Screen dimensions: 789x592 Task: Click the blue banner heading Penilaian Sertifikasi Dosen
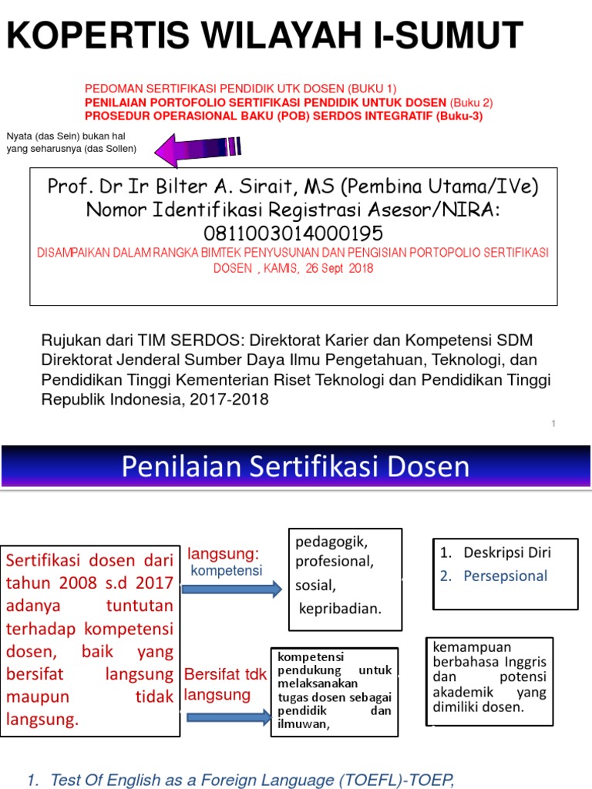click(295, 466)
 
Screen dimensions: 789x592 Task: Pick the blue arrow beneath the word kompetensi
click(232, 590)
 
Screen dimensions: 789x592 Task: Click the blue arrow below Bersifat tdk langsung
click(228, 718)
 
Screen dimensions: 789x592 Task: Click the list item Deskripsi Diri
click(507, 552)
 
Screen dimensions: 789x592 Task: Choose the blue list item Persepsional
click(505, 576)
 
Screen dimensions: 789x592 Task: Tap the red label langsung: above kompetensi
click(224, 554)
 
